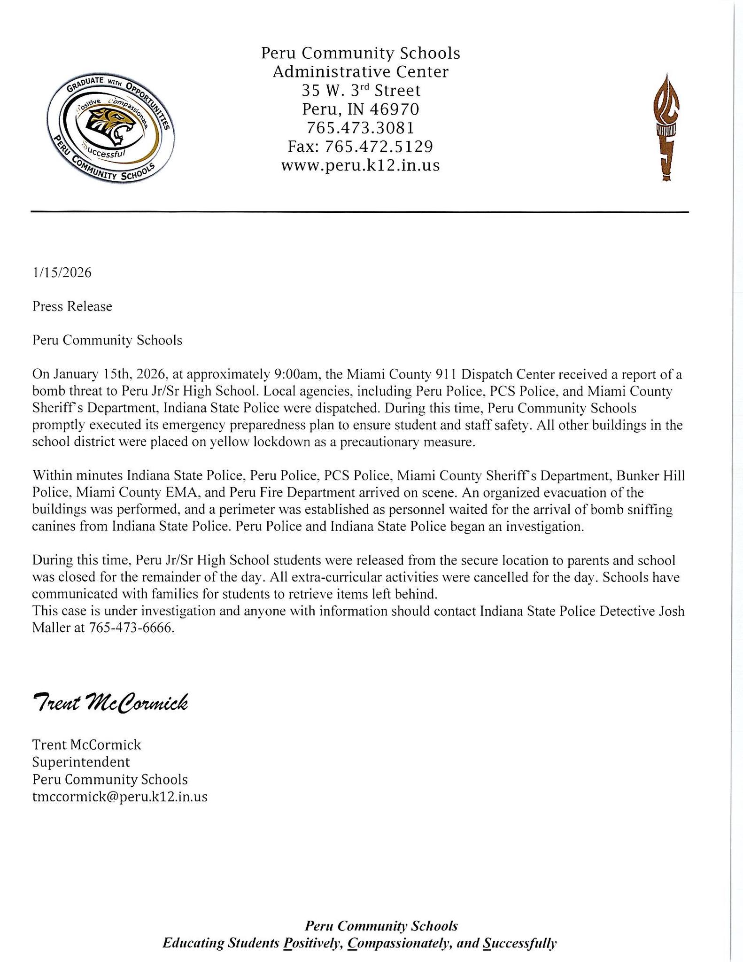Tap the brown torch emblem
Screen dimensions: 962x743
tap(667, 127)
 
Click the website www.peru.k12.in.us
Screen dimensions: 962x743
tap(360, 165)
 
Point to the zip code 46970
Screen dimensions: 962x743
tap(394, 109)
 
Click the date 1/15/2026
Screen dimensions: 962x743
tap(62, 272)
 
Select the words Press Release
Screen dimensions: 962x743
tap(72, 306)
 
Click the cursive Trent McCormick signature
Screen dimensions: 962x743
tap(110, 703)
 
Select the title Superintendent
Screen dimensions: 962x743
tap(81, 761)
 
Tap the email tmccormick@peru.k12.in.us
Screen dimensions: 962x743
tap(120, 797)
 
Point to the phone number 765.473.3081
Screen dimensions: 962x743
tap(360, 128)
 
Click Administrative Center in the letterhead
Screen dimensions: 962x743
tap(360, 72)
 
